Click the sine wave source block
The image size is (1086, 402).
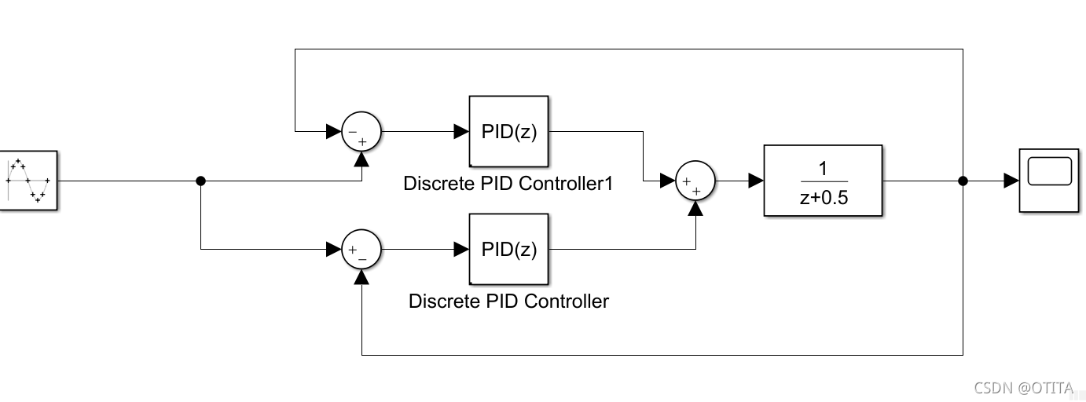point(29,180)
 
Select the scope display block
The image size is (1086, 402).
point(1049,180)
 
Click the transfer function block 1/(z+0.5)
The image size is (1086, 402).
point(823,181)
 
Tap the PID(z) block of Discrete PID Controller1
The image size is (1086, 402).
point(508,131)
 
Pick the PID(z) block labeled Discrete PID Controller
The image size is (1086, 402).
point(508,249)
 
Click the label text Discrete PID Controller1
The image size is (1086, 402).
point(508,184)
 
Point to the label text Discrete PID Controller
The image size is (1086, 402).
point(508,301)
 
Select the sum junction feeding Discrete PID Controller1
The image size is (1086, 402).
point(361,132)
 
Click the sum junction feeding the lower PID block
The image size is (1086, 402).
point(361,250)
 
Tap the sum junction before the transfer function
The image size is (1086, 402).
point(695,181)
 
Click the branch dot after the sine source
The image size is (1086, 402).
point(200,181)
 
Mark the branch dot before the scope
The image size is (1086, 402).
point(963,181)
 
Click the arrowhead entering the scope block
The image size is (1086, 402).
point(1011,181)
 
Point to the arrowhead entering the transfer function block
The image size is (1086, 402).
point(756,181)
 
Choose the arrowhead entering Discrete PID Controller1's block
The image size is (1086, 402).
point(461,132)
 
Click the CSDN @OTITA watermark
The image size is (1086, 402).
point(1023,388)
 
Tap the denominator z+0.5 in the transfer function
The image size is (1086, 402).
point(823,197)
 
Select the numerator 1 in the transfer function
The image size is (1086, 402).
point(823,168)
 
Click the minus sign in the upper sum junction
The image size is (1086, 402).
point(352,131)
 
